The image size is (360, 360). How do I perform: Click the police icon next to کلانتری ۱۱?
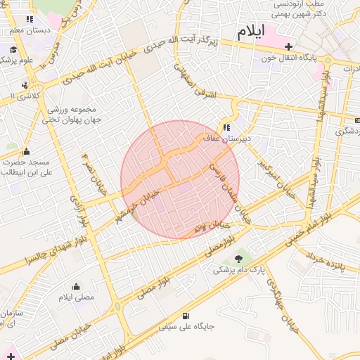click(x=25, y=85)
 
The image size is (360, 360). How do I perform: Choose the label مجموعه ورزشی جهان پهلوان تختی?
click(x=74, y=115)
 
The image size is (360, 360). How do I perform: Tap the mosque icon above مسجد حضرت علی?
click(x=27, y=150)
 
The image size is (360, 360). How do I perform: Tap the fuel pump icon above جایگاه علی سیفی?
click(x=186, y=316)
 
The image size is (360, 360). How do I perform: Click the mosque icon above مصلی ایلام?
click(x=76, y=286)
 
